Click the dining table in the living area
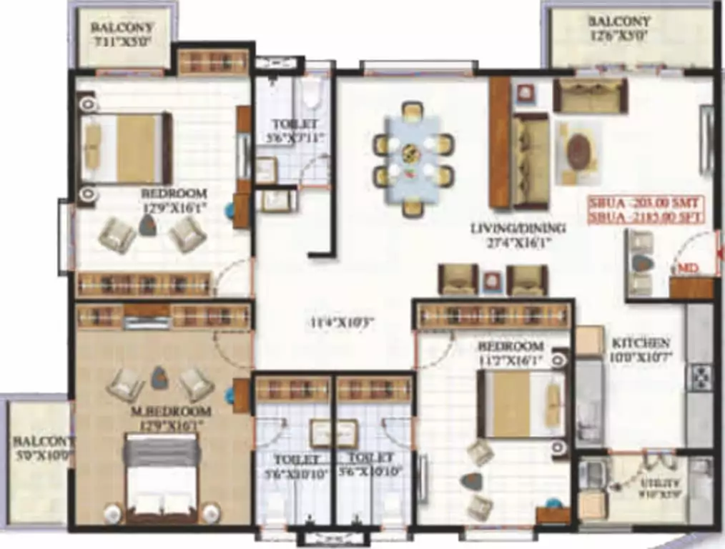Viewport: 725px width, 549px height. pyautogui.click(x=413, y=159)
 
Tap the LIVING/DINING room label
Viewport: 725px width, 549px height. pyautogui.click(x=518, y=229)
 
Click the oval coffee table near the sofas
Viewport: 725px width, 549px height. pyautogui.click(x=578, y=152)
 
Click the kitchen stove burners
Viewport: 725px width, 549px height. pyautogui.click(x=700, y=376)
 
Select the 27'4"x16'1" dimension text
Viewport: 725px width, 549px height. pyautogui.click(x=518, y=242)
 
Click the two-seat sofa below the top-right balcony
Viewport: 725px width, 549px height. pyautogui.click(x=590, y=96)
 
